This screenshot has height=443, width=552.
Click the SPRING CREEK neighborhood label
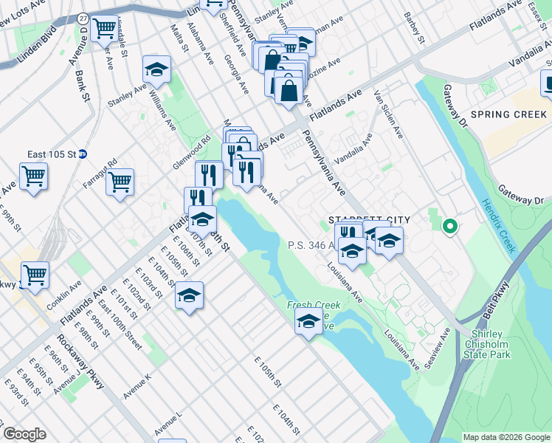point(508,114)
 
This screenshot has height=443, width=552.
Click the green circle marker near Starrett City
point(448,226)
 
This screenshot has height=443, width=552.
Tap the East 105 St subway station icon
point(83,154)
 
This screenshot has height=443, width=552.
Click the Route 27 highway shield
point(83,18)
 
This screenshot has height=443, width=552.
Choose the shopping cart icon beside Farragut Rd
point(120,182)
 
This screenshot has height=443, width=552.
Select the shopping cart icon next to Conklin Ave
point(34,275)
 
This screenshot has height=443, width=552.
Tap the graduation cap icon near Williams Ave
point(156,69)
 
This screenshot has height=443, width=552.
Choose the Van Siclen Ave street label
point(388,114)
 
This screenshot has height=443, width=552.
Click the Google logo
point(24,434)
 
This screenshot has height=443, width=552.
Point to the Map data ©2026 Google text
point(506,437)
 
